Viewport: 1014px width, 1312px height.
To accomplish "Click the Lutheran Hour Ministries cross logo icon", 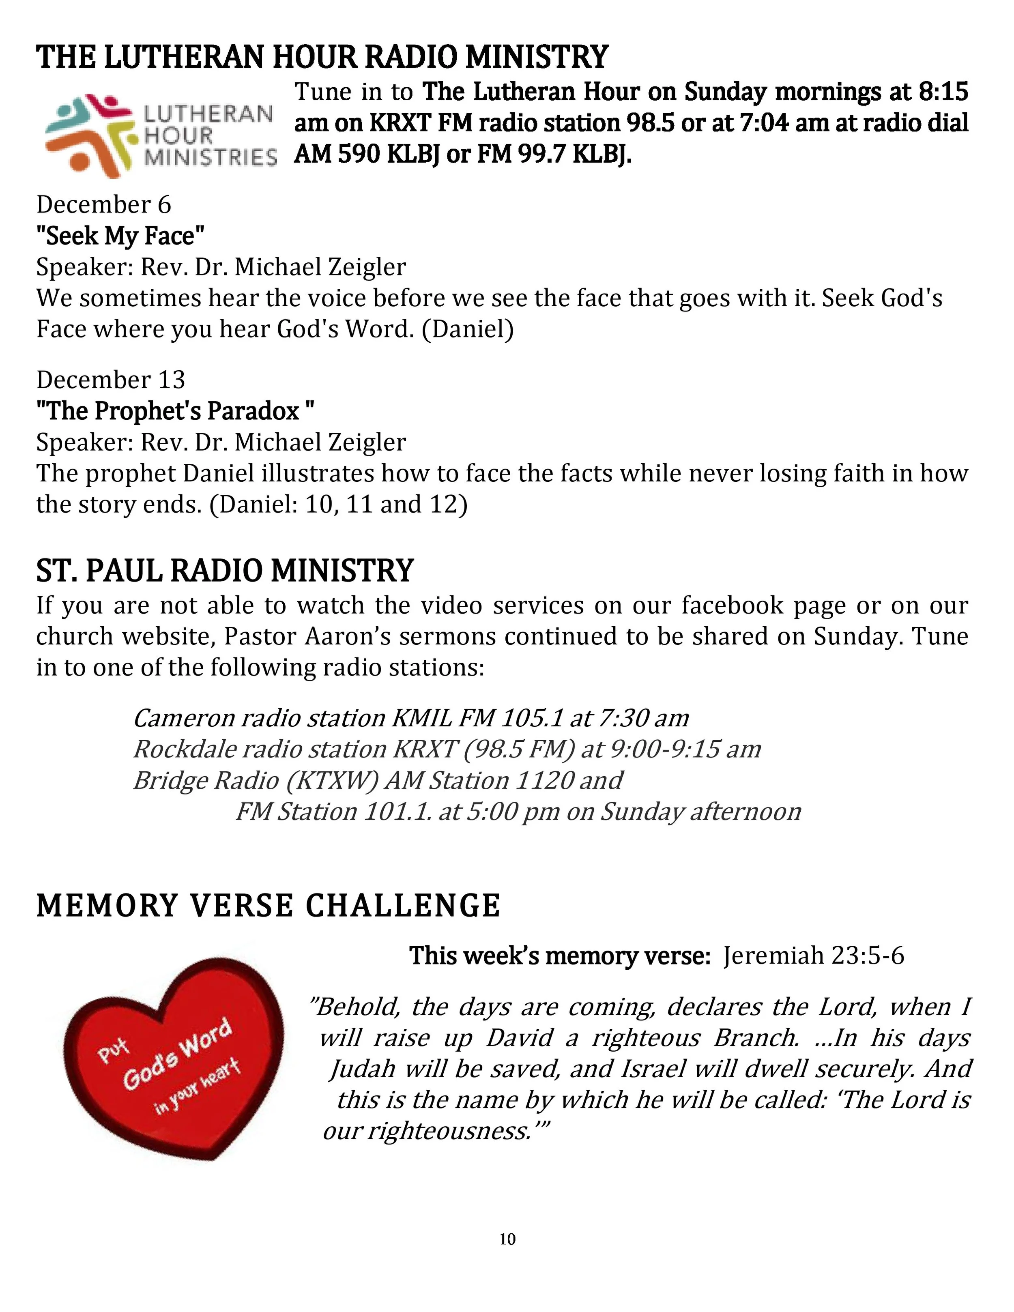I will click(x=89, y=135).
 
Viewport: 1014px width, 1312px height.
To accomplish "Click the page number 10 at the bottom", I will click(x=507, y=1239).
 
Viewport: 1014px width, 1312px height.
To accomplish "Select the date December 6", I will click(x=104, y=205).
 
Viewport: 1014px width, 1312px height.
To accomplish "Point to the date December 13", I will click(x=111, y=380).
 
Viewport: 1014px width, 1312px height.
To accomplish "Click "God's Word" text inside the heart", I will click(x=177, y=1055).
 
